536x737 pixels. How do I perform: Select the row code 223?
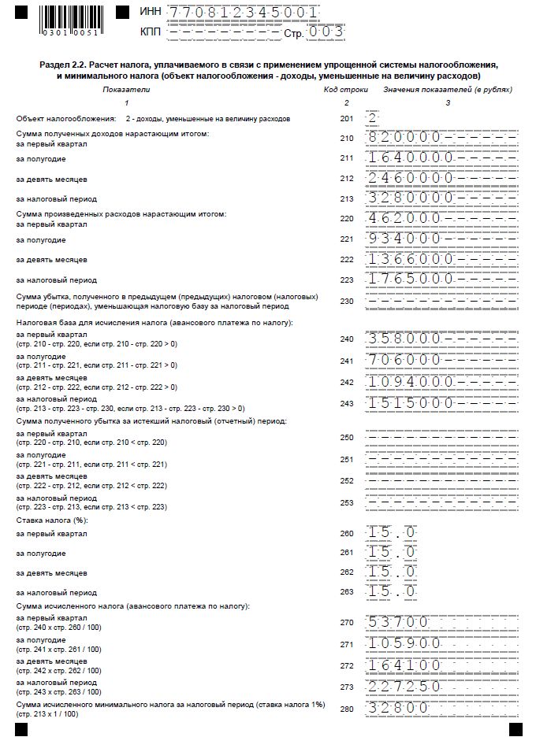tap(347, 279)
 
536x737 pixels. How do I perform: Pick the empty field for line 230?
tap(441, 300)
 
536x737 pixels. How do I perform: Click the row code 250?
tap(347, 437)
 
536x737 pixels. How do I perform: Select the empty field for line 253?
tap(441, 501)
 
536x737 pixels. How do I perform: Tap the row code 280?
tap(347, 708)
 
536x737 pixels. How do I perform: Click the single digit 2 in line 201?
tap(372, 118)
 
